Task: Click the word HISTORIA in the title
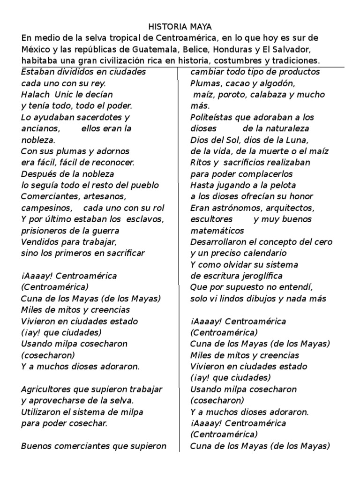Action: click(x=164, y=27)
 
